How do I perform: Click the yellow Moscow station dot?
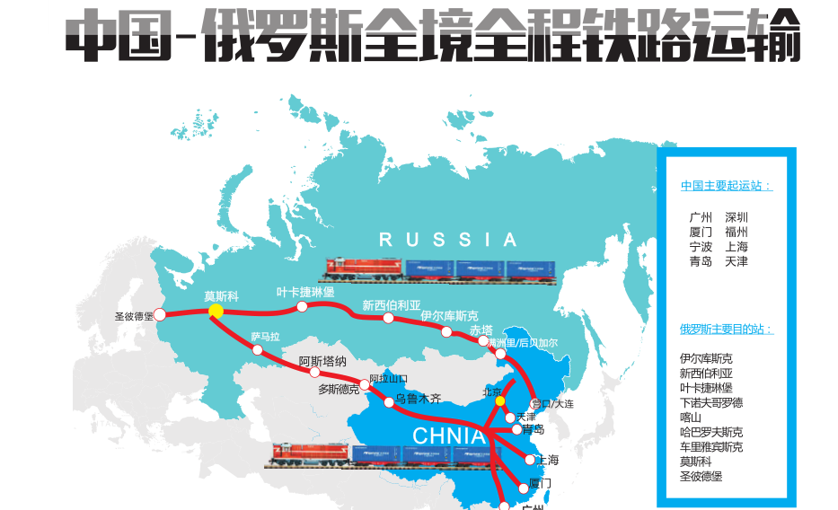(x=216, y=311)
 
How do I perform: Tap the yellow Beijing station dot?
(x=500, y=400)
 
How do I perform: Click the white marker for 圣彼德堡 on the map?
(x=160, y=314)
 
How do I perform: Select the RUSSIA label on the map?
(x=448, y=240)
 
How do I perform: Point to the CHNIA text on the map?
(x=449, y=436)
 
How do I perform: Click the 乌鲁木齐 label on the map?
(x=418, y=398)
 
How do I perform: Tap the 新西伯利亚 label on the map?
(x=391, y=305)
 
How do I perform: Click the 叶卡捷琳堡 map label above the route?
(x=305, y=293)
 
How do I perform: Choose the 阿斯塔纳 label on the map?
(x=322, y=361)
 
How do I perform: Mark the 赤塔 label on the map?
(x=481, y=330)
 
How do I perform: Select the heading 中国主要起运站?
(x=726, y=186)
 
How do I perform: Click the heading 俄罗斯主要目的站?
(x=726, y=330)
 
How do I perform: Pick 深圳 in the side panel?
(x=737, y=217)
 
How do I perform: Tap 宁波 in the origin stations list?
(x=701, y=247)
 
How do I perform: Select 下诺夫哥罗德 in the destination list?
(x=711, y=402)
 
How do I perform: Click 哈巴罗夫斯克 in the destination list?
(x=711, y=432)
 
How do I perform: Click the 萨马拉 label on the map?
(x=265, y=337)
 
